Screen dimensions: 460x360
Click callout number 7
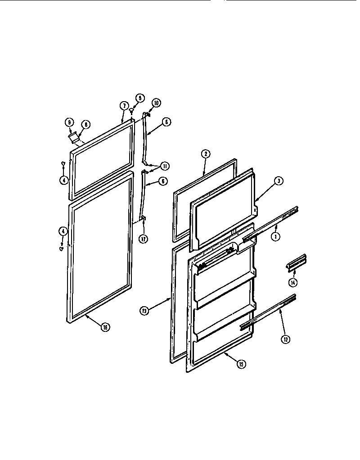pos(122,106)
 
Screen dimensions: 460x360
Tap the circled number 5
pos(139,98)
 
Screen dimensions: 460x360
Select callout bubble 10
pos(156,103)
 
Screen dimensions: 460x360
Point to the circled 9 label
pos(69,121)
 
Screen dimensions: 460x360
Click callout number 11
pos(165,166)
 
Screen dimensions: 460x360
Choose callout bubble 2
pos(205,154)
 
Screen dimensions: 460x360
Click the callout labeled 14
pos(293,283)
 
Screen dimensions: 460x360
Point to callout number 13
pos(144,310)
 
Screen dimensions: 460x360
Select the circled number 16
pos(105,327)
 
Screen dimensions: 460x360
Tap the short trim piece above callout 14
pos(297,263)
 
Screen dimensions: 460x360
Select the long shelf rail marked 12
pos(268,311)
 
